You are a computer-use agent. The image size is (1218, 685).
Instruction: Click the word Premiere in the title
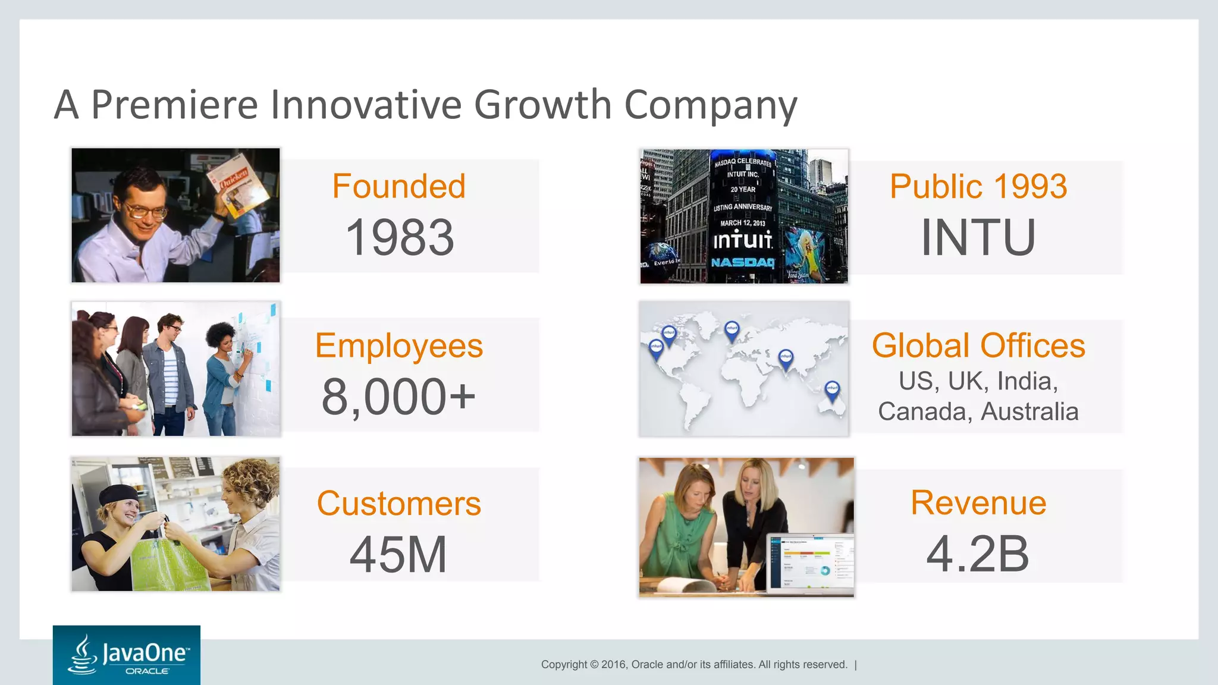coord(174,105)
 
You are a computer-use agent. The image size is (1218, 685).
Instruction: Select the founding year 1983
coord(400,237)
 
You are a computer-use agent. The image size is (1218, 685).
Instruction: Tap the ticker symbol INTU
coord(978,237)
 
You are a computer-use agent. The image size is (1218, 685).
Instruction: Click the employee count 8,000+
coord(398,397)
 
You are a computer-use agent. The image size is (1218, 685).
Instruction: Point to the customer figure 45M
coord(398,554)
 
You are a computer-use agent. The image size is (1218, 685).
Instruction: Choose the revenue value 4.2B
coord(978,554)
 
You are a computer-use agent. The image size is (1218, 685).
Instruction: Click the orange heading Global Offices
coord(978,345)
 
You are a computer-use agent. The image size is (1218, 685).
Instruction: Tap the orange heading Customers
coord(398,504)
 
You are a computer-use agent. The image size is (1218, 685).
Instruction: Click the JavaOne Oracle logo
coord(127,655)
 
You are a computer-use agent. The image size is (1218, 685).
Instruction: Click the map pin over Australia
coord(832,390)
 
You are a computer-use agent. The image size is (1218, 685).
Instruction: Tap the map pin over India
coord(786,358)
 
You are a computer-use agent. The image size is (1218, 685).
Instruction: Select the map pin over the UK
coord(732,329)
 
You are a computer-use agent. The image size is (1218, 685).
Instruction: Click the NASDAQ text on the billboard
coord(743,262)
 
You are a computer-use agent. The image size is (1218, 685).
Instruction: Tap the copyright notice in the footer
coord(694,664)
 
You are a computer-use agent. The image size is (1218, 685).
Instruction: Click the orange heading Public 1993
coord(978,186)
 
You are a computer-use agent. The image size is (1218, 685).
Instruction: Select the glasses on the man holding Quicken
coord(146,210)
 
